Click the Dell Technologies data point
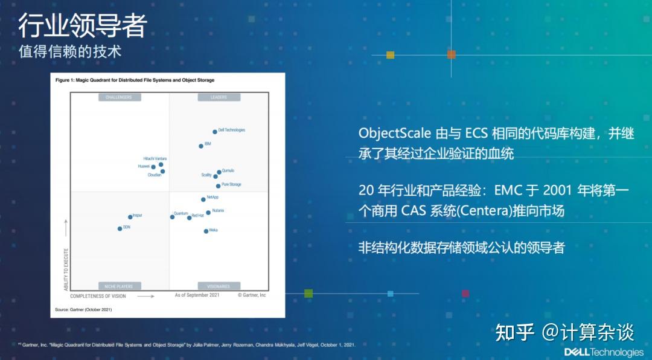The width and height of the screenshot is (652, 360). [214, 132]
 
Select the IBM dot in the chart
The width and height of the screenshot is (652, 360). [201, 146]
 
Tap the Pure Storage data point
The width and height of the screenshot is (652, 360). [218, 186]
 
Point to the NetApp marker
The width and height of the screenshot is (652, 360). [203, 199]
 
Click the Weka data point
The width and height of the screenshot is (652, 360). [206, 231]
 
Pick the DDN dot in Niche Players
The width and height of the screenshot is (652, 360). [120, 228]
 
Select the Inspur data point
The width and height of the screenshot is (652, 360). [130, 217]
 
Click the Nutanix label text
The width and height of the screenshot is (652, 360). [218, 211]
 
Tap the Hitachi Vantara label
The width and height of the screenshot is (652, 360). [155, 159]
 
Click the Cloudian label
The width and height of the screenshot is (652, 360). [155, 175]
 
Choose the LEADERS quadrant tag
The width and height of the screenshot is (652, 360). [219, 97]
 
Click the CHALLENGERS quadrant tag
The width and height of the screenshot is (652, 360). [118, 97]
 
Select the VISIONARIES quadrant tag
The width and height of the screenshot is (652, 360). [219, 286]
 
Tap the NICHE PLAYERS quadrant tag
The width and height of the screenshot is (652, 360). [118, 286]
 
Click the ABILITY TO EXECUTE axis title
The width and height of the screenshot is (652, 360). [66, 269]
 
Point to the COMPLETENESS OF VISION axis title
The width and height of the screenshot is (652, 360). [98, 296]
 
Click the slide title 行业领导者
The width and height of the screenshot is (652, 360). [82, 25]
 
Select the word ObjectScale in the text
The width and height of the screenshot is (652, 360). [386, 133]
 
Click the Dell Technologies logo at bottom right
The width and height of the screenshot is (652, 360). [604, 352]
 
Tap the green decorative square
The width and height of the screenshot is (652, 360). [308, 294]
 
